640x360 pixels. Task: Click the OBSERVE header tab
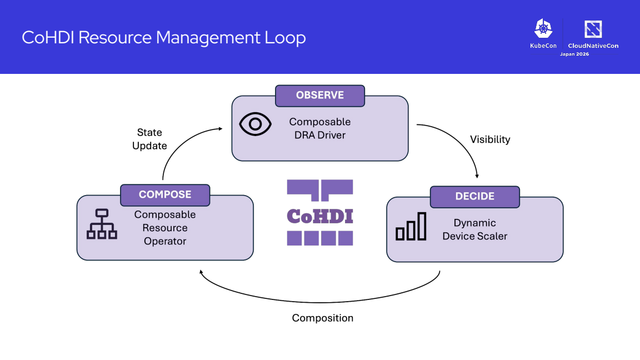tap(320, 96)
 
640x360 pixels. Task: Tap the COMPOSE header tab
tap(165, 195)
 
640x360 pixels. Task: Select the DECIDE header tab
tap(474, 197)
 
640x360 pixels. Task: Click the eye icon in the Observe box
tap(255, 124)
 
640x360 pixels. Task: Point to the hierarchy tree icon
tap(102, 224)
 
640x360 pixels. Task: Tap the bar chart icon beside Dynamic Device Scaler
tap(411, 226)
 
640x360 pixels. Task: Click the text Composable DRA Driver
tap(320, 128)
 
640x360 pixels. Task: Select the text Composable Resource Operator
tap(165, 228)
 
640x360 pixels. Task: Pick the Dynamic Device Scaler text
tap(474, 229)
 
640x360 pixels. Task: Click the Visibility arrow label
tap(490, 139)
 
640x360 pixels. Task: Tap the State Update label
tap(149, 139)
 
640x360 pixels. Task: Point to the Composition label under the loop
tap(322, 318)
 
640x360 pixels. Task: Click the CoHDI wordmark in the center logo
tap(320, 216)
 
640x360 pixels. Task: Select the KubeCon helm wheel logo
tap(543, 28)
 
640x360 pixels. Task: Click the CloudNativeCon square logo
tap(593, 29)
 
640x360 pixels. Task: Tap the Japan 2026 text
tap(574, 54)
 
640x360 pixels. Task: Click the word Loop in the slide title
tap(285, 38)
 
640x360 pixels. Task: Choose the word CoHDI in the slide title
tap(48, 38)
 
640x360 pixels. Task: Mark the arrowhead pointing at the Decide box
tap(477, 176)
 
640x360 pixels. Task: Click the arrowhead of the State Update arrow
tap(221, 128)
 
